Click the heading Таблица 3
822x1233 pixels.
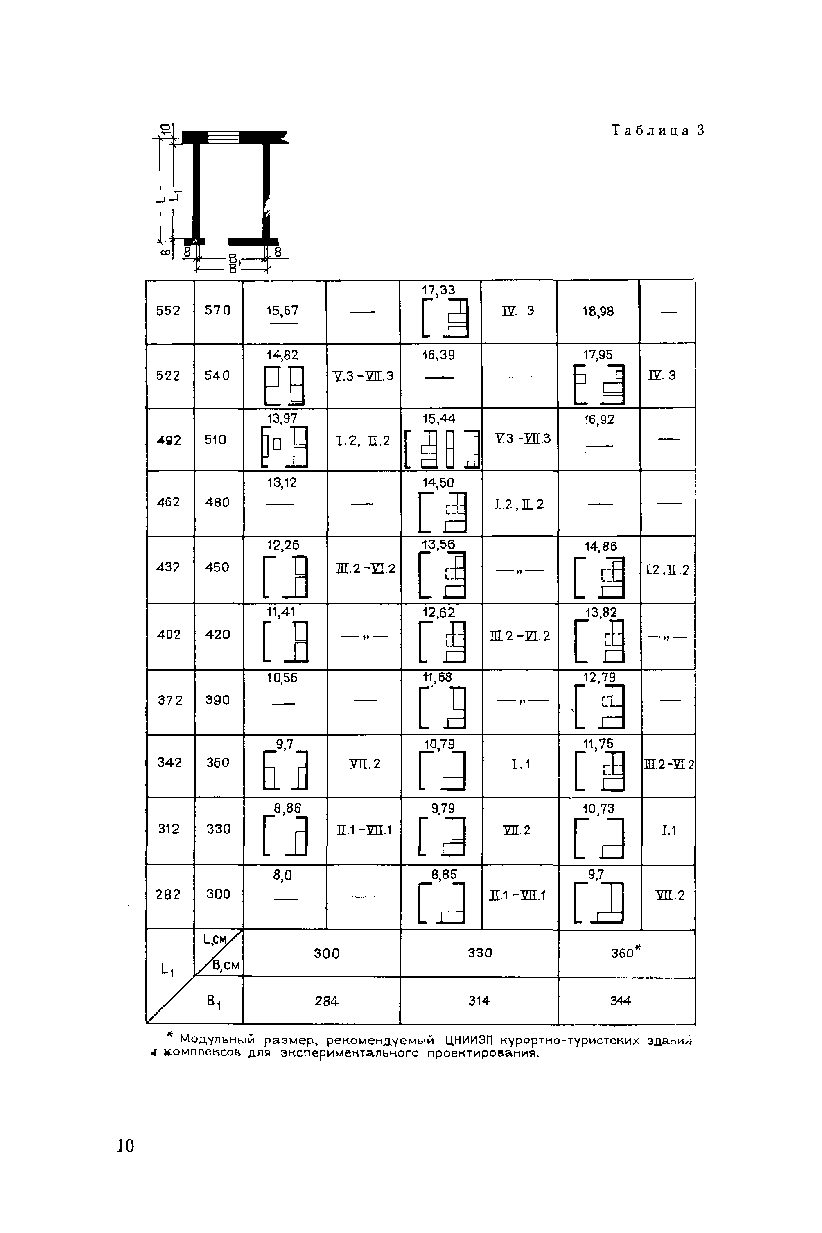click(658, 131)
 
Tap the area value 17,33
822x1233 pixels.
click(439, 290)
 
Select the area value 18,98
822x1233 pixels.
click(598, 312)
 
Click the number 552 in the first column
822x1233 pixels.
click(168, 311)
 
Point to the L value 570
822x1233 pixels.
click(217, 311)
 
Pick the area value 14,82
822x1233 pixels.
click(282, 355)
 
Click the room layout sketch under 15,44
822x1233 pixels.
click(443, 449)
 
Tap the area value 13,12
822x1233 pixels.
click(282, 482)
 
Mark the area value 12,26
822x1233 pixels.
click(283, 546)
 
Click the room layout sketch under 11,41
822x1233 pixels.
click(286, 641)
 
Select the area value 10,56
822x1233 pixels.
click(282, 678)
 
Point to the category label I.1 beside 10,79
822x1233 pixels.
click(521, 765)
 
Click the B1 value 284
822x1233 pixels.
click(327, 1001)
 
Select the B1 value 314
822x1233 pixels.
click(479, 1001)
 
